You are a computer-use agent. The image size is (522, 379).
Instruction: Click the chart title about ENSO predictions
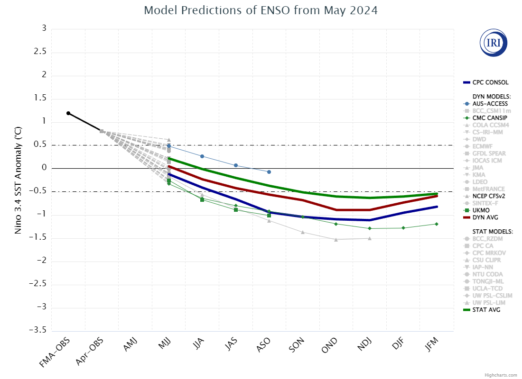coord(261,10)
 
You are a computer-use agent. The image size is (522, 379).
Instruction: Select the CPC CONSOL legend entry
coord(489,82)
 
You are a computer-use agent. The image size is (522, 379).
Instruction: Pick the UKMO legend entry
coord(481,210)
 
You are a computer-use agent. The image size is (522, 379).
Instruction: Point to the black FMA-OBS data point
coord(68,113)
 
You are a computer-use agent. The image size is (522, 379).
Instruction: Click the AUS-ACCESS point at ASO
coord(269,171)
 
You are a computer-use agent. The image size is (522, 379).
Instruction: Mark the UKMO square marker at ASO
coord(269,216)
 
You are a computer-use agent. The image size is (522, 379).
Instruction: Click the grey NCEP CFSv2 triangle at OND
coord(336,240)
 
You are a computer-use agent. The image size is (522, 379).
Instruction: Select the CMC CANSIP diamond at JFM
coord(436,224)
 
